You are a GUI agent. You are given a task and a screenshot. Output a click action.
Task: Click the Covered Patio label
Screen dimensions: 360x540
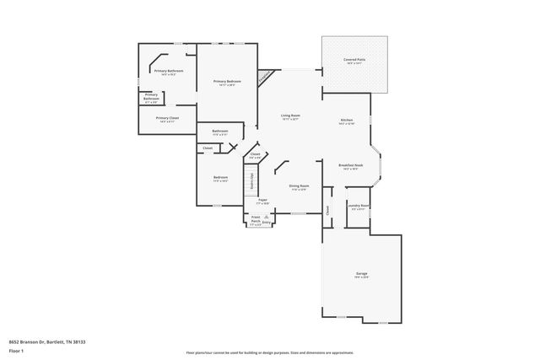point(354,61)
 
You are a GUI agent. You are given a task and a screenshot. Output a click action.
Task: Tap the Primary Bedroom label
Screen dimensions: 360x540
point(226,81)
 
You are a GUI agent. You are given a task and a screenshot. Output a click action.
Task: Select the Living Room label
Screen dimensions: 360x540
point(290,116)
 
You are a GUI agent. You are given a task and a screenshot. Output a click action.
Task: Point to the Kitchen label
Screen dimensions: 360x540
point(346,121)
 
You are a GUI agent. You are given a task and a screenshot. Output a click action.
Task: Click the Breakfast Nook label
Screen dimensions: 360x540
point(350,165)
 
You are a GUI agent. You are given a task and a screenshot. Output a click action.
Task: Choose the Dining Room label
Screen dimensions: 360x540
point(299,186)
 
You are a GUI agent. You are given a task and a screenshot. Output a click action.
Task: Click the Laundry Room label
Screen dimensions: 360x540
point(359,206)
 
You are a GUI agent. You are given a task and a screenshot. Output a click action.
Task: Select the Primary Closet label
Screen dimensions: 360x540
point(168,119)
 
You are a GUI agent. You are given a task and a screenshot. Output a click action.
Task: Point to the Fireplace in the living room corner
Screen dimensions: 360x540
point(266,77)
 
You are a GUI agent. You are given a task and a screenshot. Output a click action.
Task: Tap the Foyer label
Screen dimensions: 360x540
point(262,201)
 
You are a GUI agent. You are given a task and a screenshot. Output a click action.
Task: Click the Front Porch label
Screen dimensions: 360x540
point(255,218)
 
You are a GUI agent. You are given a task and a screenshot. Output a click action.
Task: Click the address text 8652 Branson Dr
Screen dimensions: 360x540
point(48,342)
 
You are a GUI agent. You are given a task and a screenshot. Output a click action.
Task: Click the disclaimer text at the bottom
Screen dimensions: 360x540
point(269,352)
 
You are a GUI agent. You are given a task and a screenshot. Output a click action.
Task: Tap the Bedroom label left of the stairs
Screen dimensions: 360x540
point(221,178)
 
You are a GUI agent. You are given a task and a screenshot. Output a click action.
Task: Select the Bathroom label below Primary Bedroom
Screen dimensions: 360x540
point(220,132)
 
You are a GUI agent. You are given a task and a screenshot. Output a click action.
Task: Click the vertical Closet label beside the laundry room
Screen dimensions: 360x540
point(327,212)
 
